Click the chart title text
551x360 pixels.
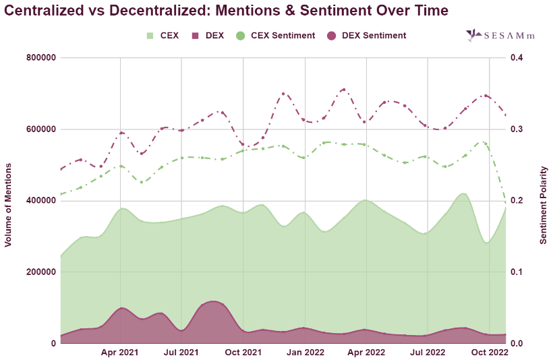tap(227, 11)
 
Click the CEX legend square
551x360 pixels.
tap(150, 35)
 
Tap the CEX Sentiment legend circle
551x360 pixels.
tap(240, 35)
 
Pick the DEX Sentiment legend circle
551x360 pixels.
tap(332, 35)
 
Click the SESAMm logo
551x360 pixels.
tap(500, 36)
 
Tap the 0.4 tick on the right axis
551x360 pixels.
tap(517, 58)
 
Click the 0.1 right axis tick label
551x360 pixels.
tap(517, 272)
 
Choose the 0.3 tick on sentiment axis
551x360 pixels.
tap(517, 129)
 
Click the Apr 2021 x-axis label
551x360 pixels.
tap(120, 352)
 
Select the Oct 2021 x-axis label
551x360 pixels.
tap(243, 352)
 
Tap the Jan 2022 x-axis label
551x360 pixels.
tap(306, 352)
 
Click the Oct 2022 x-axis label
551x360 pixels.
tap(489, 352)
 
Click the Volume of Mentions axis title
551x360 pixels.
tap(9, 201)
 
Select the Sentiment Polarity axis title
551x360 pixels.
tap(543, 201)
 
